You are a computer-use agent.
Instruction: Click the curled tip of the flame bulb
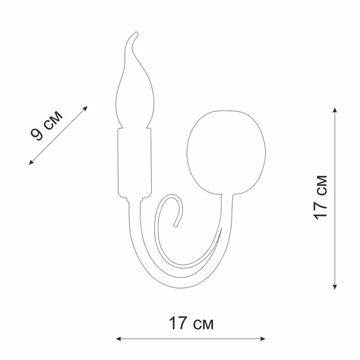coord(136,34)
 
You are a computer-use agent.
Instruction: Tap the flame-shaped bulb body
coord(134,92)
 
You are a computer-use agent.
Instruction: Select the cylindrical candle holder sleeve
coord(135,163)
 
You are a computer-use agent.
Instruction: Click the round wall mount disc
coord(226,152)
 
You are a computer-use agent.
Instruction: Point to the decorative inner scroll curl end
coord(176,226)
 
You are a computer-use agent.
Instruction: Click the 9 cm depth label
coord(46,125)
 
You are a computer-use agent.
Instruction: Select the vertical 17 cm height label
coord(320,197)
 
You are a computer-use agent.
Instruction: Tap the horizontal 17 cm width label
coord(191,323)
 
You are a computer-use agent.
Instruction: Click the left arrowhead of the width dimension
coord(118,338)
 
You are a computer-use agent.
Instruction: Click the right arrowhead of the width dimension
coord(263,338)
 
